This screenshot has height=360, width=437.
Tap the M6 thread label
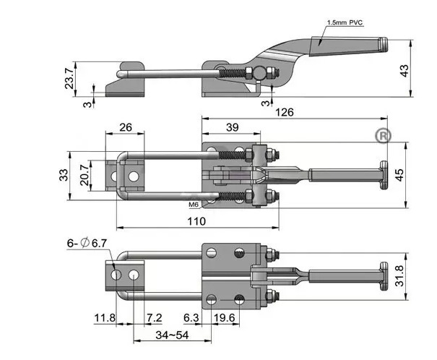click(192, 205)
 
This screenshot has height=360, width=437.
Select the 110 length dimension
click(196, 220)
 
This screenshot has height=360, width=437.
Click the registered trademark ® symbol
click(381, 135)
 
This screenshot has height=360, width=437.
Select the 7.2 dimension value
click(154, 317)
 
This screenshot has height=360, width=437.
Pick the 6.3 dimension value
click(191, 317)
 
